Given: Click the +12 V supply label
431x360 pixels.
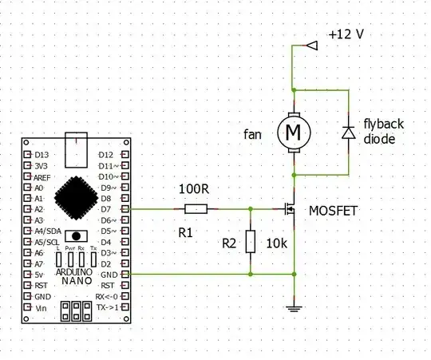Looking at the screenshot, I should click(x=346, y=35).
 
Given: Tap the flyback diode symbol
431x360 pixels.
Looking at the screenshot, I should click(x=348, y=132).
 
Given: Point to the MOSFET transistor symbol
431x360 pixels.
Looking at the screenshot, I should click(x=290, y=210).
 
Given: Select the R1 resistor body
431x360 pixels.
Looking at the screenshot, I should click(x=196, y=209).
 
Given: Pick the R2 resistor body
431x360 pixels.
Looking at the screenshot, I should click(x=251, y=241).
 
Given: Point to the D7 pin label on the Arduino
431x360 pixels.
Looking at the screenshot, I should click(x=103, y=208).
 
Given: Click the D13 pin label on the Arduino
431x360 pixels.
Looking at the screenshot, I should click(x=41, y=154).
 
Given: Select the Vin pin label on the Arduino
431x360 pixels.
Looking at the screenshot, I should click(x=42, y=307).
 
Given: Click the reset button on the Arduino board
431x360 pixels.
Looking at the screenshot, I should click(x=76, y=236).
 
